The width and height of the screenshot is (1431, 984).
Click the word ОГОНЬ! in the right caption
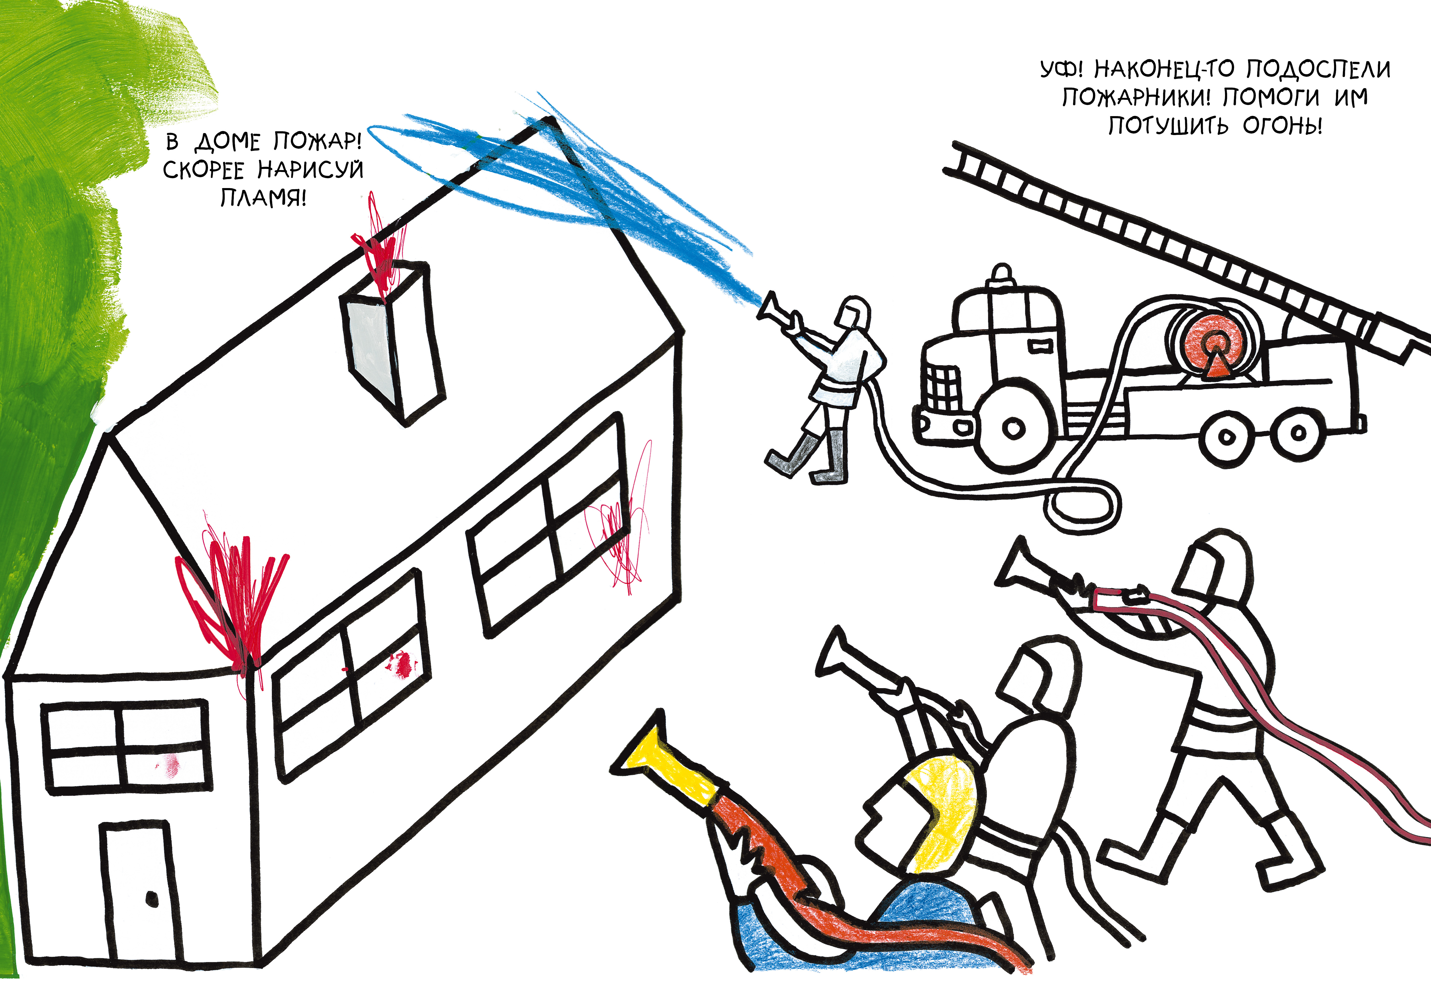point(1282,126)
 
